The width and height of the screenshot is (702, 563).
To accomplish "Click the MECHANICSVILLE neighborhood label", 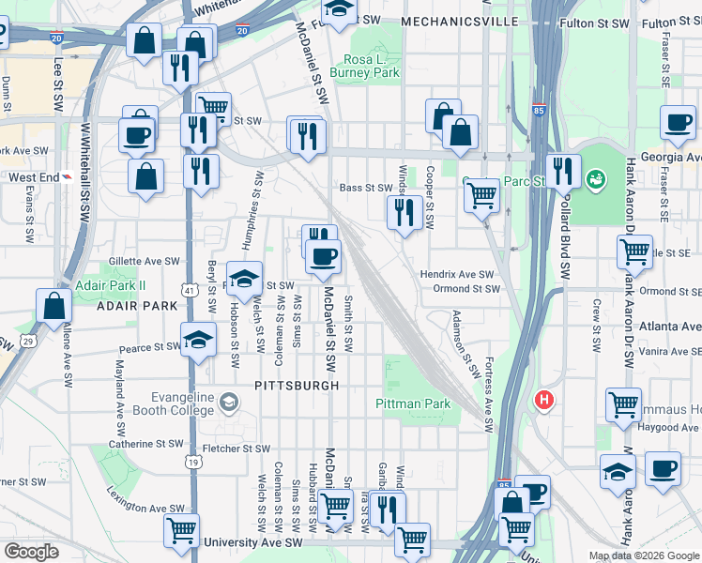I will (x=459, y=21).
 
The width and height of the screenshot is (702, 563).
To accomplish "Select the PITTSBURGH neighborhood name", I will (x=297, y=386).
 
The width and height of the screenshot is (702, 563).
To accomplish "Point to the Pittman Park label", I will (x=413, y=403).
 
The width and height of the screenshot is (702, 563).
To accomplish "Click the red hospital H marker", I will (x=542, y=401).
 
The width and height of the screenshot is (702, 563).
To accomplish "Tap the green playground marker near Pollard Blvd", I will (x=594, y=177).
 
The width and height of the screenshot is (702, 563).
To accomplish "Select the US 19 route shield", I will (x=192, y=462).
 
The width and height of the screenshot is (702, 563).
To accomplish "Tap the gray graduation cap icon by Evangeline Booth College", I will (x=228, y=403).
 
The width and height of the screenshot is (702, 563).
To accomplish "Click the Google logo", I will (x=31, y=552).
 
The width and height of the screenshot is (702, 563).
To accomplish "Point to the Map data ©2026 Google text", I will (x=644, y=555).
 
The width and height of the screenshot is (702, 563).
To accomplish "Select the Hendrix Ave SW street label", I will (x=457, y=274).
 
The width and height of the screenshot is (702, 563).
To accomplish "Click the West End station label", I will (x=34, y=176).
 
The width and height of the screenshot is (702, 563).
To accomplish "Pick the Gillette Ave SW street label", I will (x=144, y=263).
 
